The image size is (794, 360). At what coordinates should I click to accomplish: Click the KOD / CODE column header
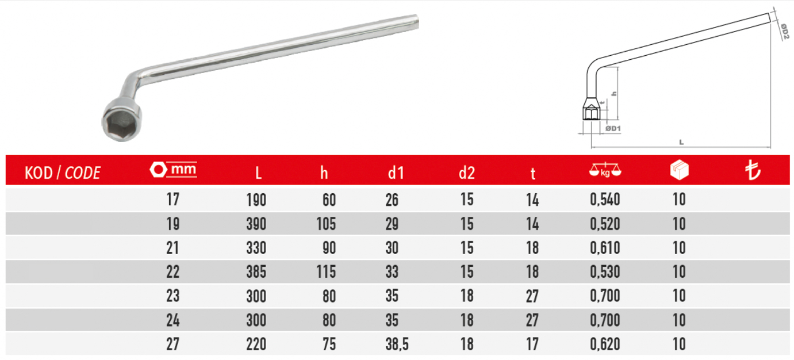coord(63,173)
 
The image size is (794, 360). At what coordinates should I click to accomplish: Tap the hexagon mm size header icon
coord(173,170)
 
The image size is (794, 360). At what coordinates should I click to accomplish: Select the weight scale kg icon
coord(605,170)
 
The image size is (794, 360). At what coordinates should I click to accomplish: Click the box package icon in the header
coord(679,170)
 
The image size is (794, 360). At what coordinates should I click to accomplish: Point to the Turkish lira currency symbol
coord(752,170)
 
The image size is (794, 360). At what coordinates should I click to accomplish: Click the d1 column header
coord(396,173)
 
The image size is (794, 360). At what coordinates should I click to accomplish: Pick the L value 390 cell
coord(256,224)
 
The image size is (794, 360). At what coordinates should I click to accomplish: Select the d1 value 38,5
coord(397,344)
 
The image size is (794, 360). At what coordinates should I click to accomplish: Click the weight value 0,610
coord(605,248)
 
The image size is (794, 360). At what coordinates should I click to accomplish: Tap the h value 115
coord(326,272)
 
